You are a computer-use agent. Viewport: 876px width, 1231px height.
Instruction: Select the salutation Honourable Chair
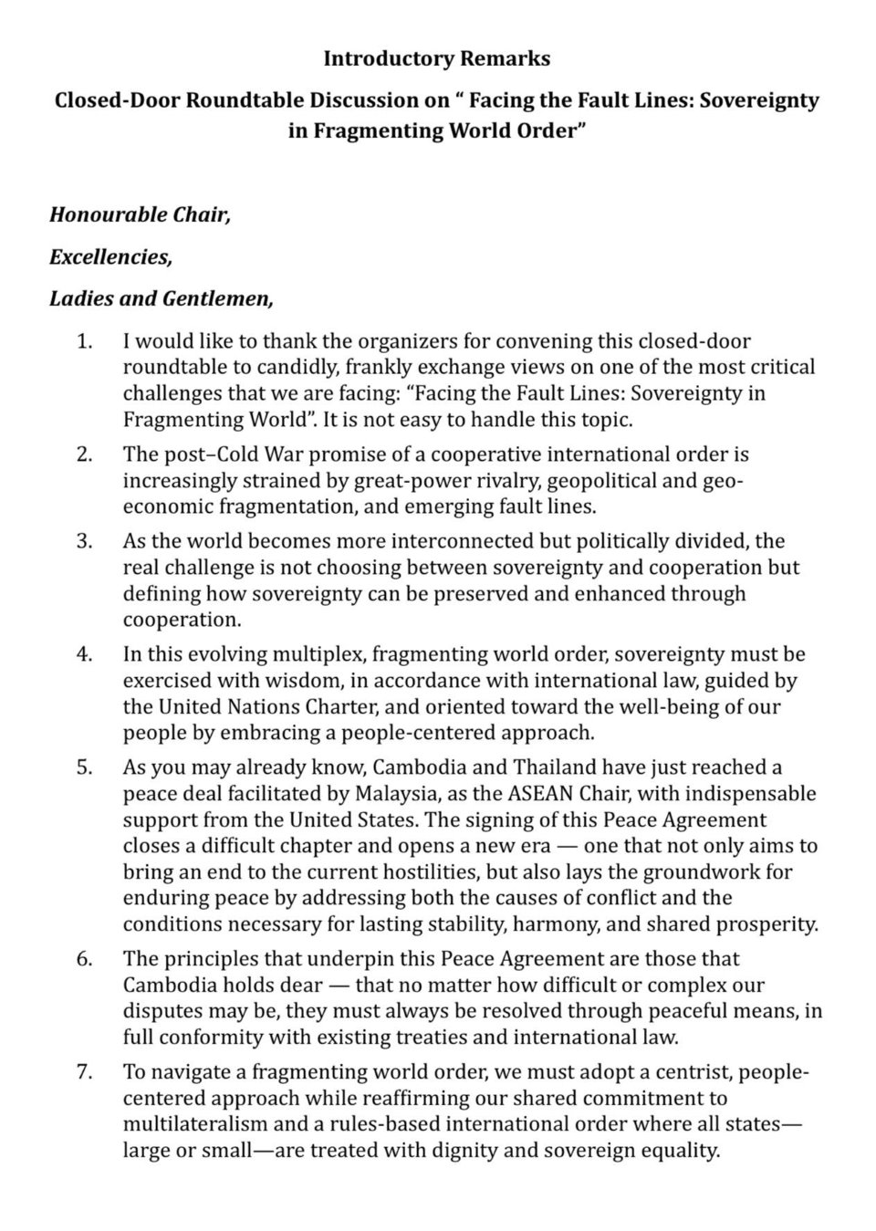pos(140,214)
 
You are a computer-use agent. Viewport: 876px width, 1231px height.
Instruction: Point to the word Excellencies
pos(110,256)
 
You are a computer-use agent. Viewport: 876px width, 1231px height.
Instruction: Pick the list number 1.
pos(84,341)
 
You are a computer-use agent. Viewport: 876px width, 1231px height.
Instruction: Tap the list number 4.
pos(84,654)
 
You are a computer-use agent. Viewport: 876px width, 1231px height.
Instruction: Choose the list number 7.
pos(84,1072)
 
